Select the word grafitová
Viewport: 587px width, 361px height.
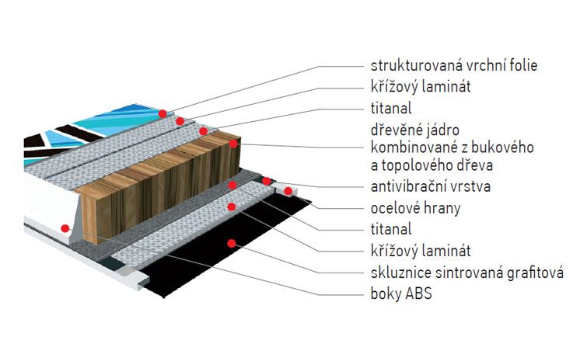536,272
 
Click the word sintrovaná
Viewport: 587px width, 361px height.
468,272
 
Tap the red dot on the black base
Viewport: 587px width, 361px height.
231,244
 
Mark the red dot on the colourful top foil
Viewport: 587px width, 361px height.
162,113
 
